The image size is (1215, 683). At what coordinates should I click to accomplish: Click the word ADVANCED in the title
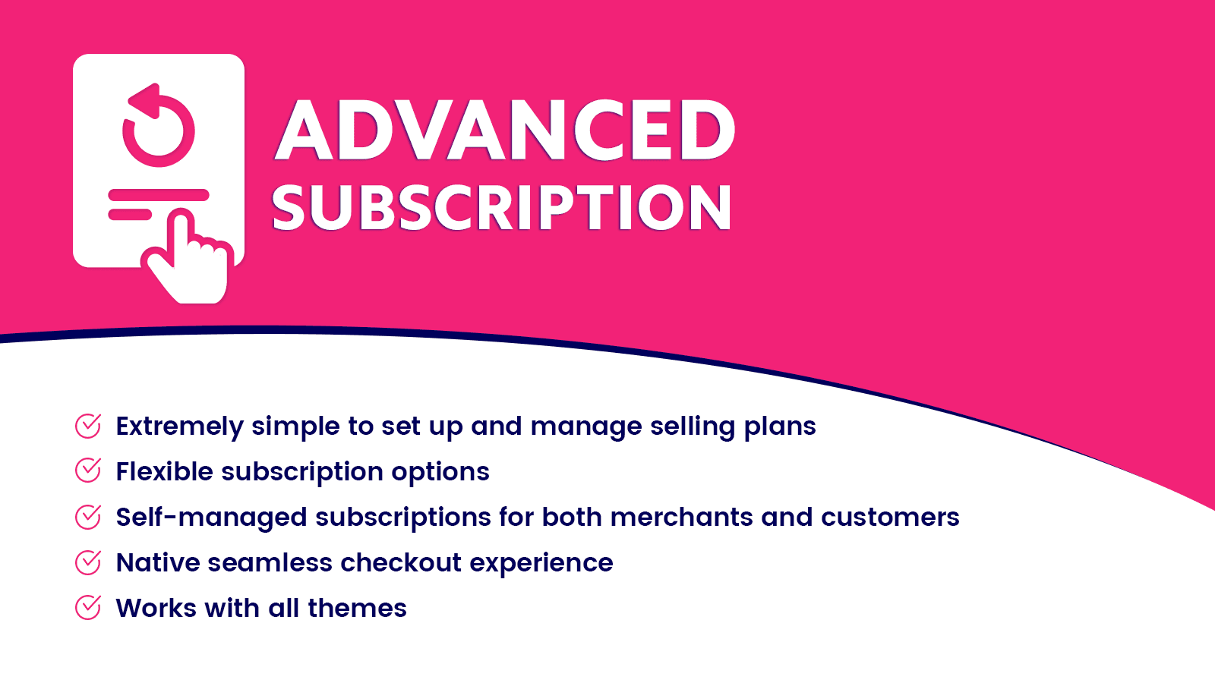[x=505, y=131]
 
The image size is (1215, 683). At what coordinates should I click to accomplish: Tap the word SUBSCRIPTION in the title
[x=501, y=208]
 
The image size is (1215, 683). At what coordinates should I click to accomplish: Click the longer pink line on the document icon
[x=158, y=195]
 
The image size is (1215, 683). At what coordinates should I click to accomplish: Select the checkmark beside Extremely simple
[x=88, y=426]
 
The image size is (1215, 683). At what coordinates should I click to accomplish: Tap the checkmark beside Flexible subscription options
[x=88, y=471]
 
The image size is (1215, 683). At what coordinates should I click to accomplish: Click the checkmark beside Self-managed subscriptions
[x=88, y=517]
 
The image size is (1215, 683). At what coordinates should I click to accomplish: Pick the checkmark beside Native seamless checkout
[x=88, y=562]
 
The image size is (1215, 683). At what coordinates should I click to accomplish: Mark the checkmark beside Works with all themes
[x=88, y=608]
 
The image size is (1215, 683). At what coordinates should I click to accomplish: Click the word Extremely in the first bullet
[x=179, y=426]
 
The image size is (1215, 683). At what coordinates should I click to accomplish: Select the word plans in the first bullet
[x=780, y=426]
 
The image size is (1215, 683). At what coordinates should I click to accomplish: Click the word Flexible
[x=164, y=472]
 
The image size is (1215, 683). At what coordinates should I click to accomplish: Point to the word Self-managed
[x=211, y=518]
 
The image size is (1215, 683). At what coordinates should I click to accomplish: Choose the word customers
[x=890, y=518]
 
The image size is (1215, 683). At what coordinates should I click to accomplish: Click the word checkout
[x=401, y=563]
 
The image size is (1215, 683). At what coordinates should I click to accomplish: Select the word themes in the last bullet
[x=357, y=609]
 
